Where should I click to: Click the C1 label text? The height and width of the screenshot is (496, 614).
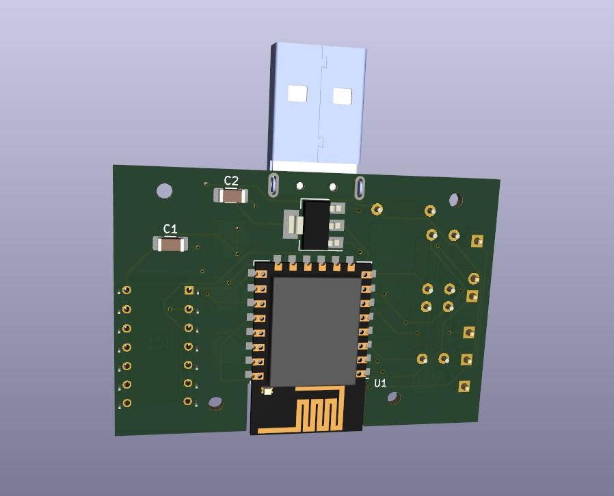point(170,229)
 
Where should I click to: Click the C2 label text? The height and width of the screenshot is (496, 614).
point(232,181)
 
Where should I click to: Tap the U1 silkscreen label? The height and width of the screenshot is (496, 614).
point(381,383)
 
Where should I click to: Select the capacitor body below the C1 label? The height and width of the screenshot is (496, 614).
point(170,244)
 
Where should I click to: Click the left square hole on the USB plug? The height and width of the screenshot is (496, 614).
point(298,94)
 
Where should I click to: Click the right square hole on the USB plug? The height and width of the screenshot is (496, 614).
point(342,96)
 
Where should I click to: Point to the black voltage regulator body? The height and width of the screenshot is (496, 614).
point(315,224)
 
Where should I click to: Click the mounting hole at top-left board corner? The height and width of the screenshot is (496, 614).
point(165,191)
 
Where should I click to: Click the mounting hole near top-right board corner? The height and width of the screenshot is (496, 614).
point(455,200)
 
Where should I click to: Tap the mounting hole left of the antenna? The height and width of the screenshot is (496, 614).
point(216,404)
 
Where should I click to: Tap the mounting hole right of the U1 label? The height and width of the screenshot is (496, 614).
point(394,397)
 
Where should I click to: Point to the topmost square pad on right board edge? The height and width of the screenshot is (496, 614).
point(477,241)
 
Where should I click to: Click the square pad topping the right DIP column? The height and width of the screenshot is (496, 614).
point(189,291)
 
